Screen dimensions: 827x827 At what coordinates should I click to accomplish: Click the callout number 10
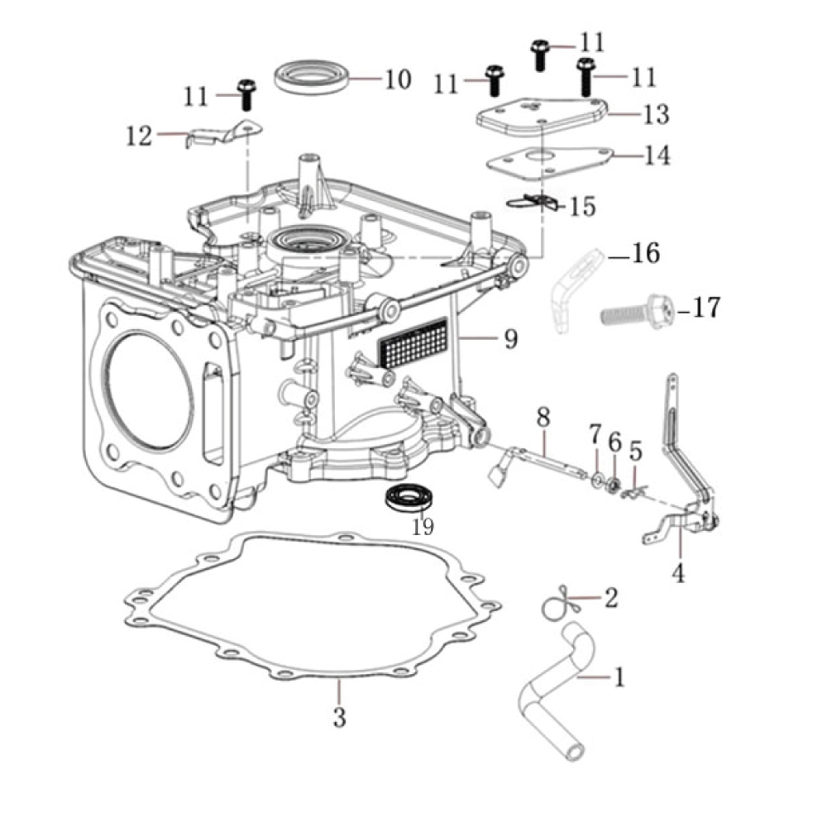click(x=397, y=79)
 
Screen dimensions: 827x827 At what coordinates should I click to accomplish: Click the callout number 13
click(x=655, y=114)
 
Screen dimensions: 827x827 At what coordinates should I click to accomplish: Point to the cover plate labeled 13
click(x=542, y=116)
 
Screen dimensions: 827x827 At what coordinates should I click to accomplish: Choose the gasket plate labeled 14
click(x=549, y=159)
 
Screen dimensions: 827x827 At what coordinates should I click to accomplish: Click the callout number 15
click(x=582, y=205)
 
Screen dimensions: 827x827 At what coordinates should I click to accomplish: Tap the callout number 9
click(x=511, y=337)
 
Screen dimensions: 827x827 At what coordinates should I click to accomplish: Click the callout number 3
click(x=339, y=717)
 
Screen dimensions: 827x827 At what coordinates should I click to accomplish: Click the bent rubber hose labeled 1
click(x=550, y=682)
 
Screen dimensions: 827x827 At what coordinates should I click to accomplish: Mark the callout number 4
click(x=678, y=572)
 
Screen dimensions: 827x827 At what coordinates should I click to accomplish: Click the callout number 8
click(x=543, y=418)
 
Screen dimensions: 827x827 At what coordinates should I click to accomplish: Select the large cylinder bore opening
click(x=149, y=389)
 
